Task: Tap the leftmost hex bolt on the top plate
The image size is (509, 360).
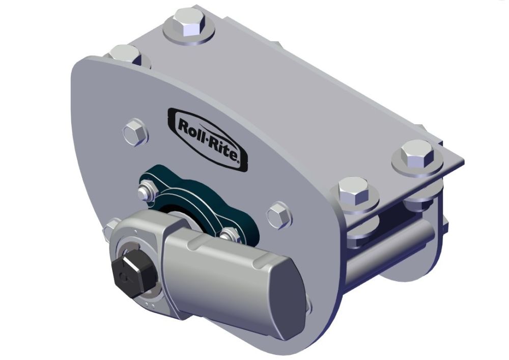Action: (124, 54)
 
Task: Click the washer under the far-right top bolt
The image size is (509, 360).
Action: (417, 165)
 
